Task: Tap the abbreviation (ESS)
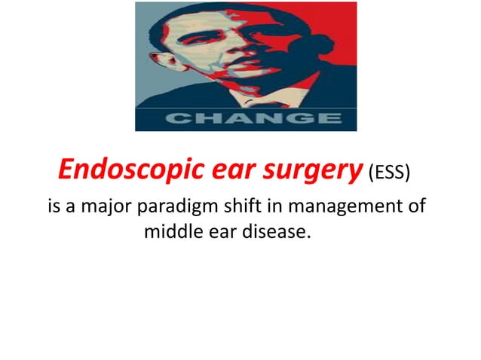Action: pos(389,174)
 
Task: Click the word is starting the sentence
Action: pos(55,206)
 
